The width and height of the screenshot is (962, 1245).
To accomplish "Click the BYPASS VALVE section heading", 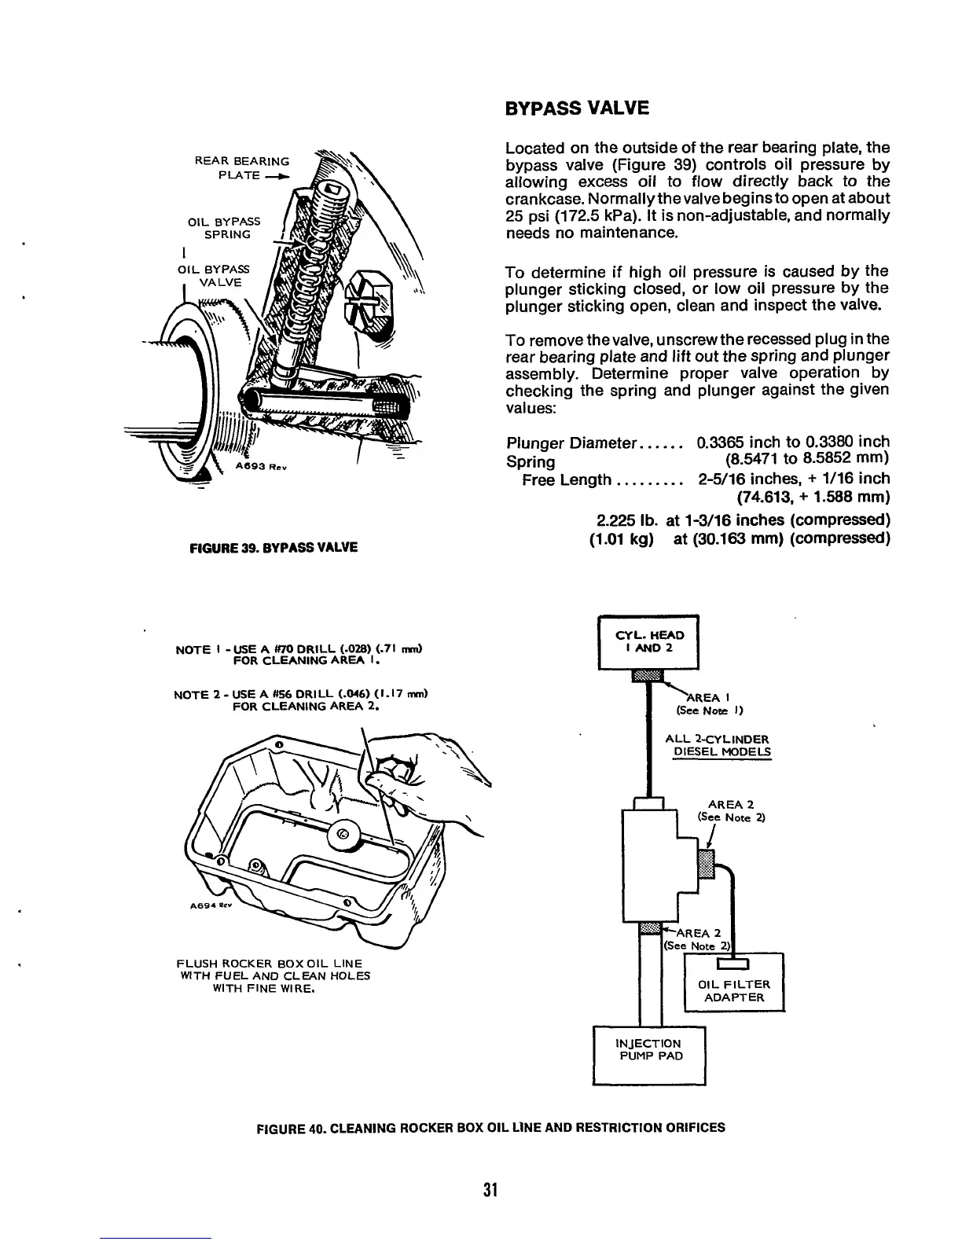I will click(577, 108).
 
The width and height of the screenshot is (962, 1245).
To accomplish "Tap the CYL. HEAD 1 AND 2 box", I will click(648, 641).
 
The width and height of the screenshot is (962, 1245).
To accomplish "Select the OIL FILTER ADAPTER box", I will click(734, 990).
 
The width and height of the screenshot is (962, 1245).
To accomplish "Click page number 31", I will click(491, 1189).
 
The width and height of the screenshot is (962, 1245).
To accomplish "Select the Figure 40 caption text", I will click(490, 1127).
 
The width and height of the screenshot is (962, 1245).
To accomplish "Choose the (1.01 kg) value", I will click(621, 539).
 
